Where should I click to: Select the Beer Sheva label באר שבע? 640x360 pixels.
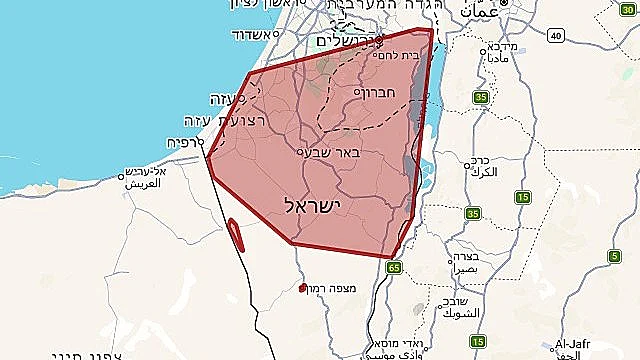point(336,154)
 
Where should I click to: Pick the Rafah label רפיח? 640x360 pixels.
point(181,142)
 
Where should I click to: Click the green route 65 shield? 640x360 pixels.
point(394,267)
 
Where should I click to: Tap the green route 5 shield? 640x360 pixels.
point(613,257)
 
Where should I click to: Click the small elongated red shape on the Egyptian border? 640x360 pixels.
point(236,233)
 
